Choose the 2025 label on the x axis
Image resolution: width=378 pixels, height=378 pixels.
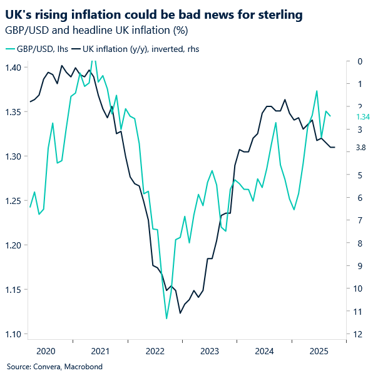319,351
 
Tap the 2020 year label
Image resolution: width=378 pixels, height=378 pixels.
47,351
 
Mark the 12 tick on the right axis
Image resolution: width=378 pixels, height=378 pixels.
359,334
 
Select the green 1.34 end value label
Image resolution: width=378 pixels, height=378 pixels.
363,117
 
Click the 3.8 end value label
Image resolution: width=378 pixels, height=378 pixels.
360,148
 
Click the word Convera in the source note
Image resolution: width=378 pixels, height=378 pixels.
48,367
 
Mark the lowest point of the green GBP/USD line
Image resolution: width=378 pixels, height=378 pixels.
166,319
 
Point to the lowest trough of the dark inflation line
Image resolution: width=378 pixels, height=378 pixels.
180,313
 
